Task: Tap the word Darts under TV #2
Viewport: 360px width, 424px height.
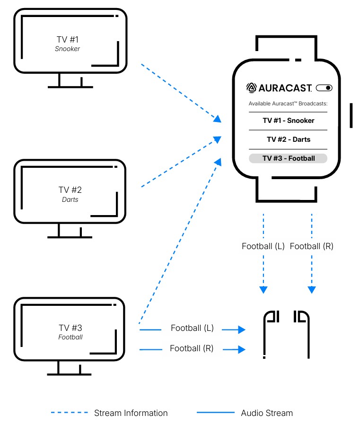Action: [70, 199]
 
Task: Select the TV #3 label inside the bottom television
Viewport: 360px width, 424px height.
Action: [70, 328]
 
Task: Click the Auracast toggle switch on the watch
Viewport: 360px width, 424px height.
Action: [324, 87]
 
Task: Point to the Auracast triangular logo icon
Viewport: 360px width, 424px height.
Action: [251, 87]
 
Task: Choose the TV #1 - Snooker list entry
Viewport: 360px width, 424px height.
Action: [288, 121]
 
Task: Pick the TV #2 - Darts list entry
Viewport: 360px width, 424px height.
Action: [288, 139]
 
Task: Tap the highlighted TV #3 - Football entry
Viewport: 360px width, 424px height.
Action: [288, 158]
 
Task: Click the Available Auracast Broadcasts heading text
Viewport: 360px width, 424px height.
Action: [288, 104]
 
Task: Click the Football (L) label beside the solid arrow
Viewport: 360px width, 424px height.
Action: [192, 328]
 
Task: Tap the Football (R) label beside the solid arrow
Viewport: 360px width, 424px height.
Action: [192, 348]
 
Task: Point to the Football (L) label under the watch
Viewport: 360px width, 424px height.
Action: [263, 246]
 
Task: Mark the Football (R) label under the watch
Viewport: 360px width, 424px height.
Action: [311, 246]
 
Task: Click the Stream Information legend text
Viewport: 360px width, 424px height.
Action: [131, 413]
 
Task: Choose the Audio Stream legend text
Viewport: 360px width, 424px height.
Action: [267, 413]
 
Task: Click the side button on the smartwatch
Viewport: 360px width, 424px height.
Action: [351, 115]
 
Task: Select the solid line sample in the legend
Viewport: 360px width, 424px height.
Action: [215, 413]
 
